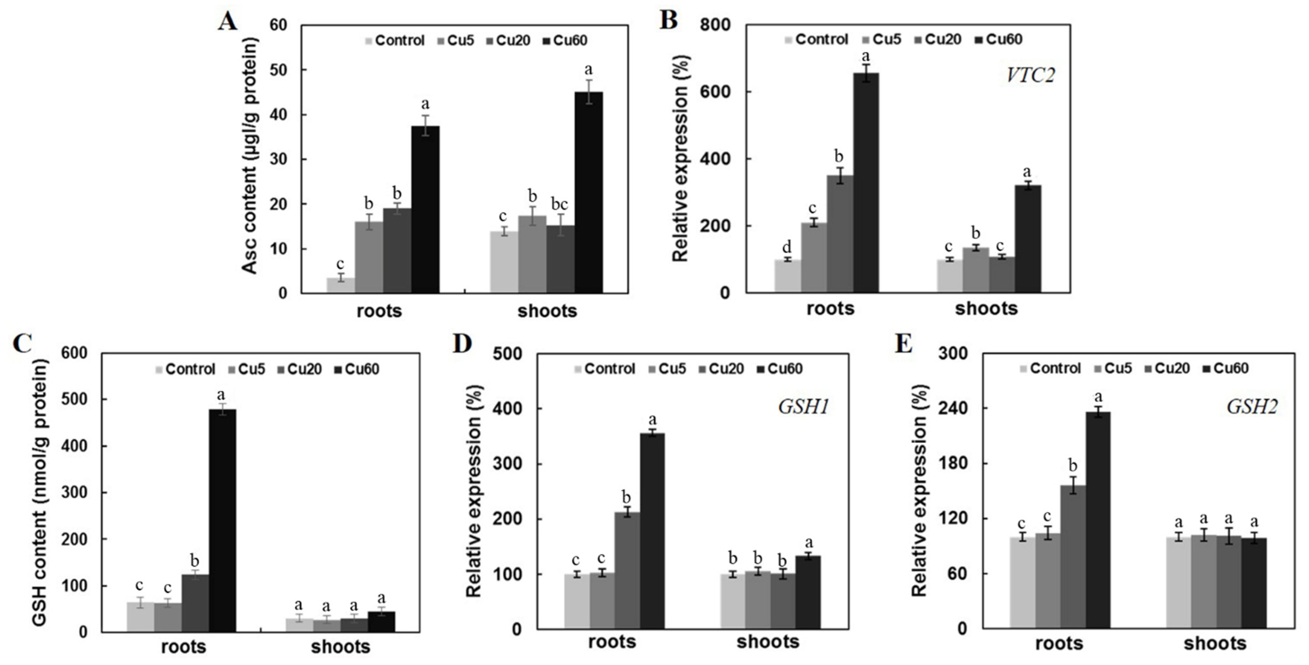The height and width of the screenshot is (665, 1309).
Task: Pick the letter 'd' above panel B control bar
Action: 787,248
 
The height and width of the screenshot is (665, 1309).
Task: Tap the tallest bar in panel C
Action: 222,520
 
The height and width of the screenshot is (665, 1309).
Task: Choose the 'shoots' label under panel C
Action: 340,647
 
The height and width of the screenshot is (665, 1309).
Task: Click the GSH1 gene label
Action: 803,406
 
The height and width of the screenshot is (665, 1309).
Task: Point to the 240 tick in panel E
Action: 954,408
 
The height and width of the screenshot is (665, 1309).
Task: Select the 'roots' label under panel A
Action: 379,310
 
